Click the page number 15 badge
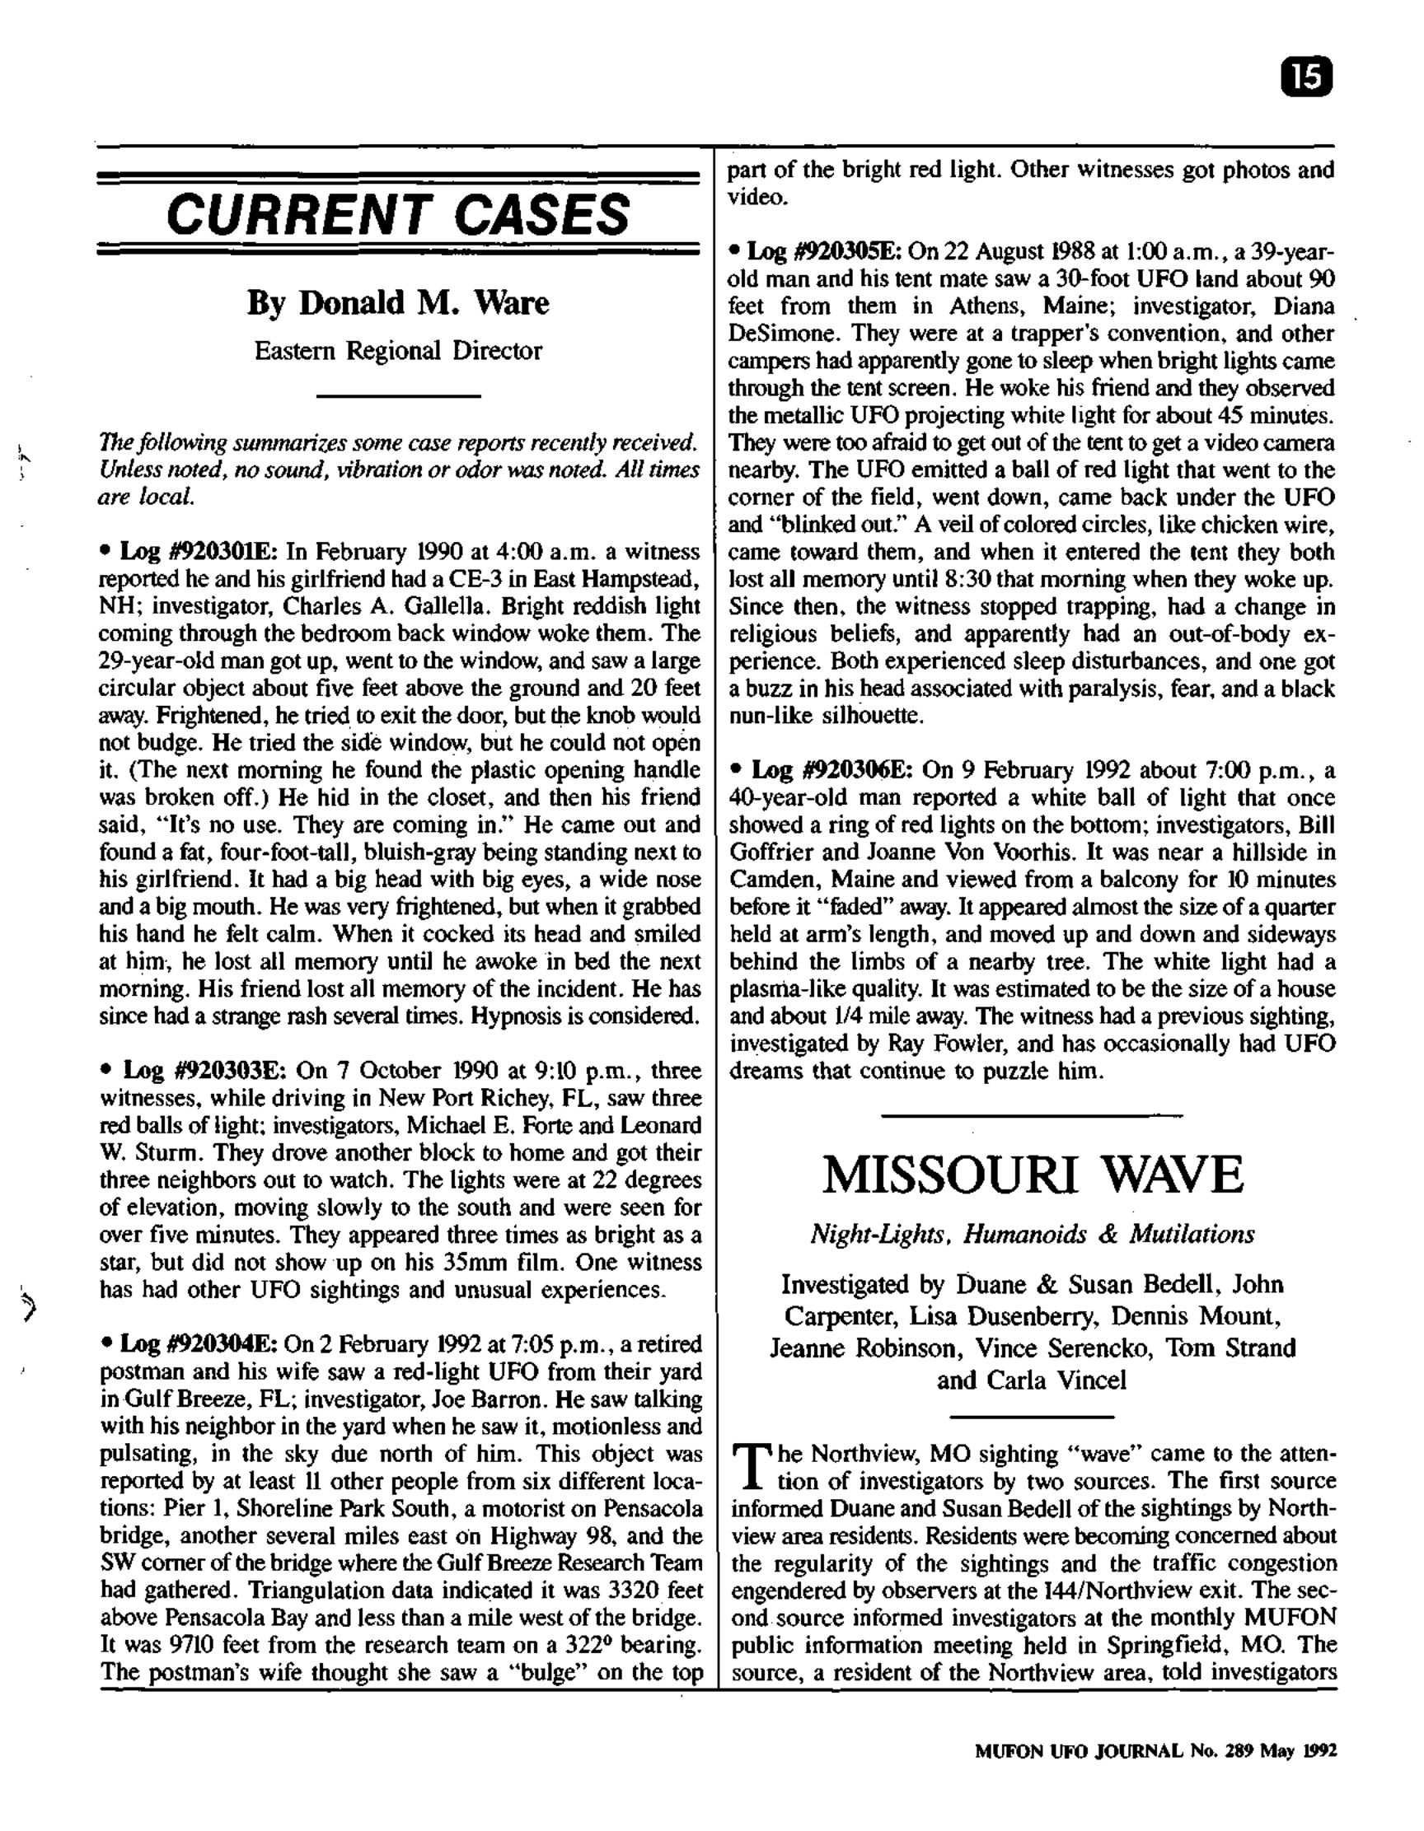tap(1308, 78)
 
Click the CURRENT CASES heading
tap(398, 214)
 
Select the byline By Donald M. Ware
tap(398, 302)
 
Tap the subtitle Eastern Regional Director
tap(398, 350)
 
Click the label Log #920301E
tap(198, 552)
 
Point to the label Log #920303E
tap(204, 1071)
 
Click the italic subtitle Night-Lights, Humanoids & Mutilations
tap(1033, 1234)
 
